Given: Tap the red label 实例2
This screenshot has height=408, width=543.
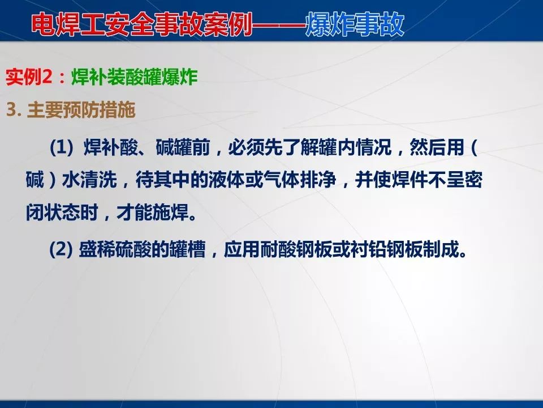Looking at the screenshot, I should (32, 78).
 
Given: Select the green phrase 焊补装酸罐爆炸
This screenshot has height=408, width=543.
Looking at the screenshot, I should (135, 78).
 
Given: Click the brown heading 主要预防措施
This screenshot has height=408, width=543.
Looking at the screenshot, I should (81, 110).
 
